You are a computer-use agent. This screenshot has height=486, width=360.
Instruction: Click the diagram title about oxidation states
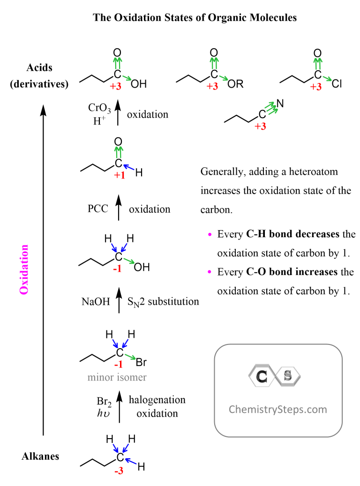coord(195,18)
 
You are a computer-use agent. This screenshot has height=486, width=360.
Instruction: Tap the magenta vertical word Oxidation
coord(24,269)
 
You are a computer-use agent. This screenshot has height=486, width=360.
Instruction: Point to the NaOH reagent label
coord(96,302)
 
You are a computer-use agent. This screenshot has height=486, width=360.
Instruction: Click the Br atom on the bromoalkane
coord(142,363)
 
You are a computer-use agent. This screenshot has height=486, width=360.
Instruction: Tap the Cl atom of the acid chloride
coord(338,85)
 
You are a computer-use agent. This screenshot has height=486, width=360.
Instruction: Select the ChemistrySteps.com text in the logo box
coord(277,409)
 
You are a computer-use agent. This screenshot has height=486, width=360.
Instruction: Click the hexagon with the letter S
coord(288,376)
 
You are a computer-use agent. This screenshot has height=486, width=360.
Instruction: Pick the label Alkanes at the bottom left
coord(40,456)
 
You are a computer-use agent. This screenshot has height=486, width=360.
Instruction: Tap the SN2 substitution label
coord(164,302)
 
